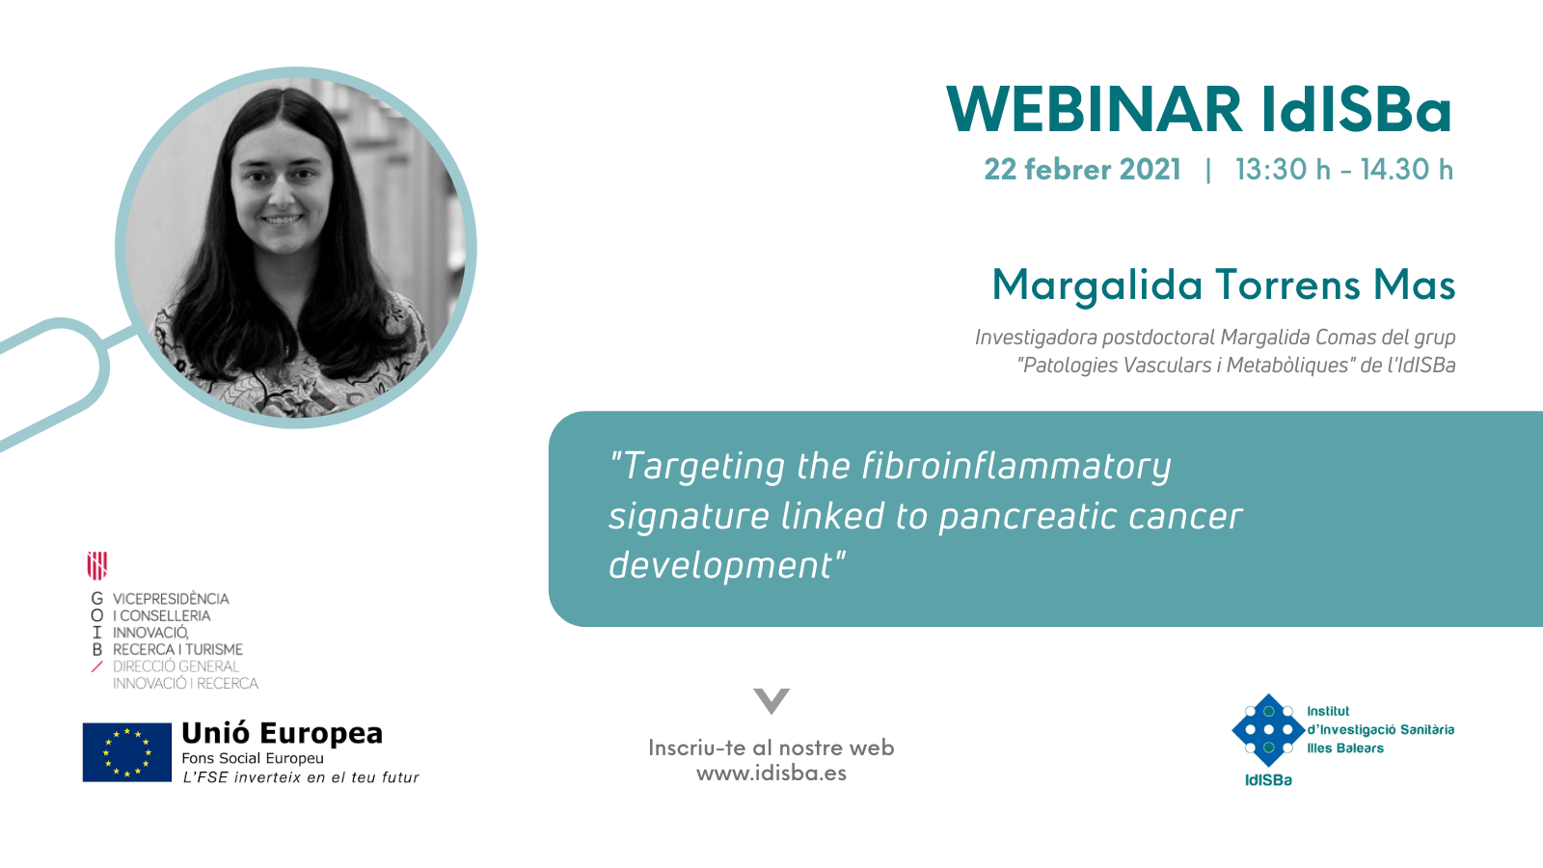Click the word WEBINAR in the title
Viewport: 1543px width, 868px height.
(x=1095, y=110)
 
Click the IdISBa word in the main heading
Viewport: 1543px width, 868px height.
(x=1357, y=110)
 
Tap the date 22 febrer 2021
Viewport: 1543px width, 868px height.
(x=1082, y=170)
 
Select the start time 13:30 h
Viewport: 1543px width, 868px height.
(x=1283, y=170)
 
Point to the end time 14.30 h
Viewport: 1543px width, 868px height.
(x=1407, y=170)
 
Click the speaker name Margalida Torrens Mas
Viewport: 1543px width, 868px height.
(x=1224, y=285)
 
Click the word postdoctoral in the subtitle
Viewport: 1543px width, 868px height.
(x=1159, y=338)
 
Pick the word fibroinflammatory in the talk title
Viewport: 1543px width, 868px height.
(x=1016, y=467)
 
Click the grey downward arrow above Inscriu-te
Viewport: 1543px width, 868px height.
(x=771, y=700)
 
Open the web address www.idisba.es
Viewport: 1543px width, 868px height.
(x=771, y=773)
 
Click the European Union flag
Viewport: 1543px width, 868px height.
(x=126, y=752)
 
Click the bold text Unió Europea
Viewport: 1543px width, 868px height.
(x=282, y=733)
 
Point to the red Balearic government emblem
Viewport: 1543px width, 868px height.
(x=97, y=565)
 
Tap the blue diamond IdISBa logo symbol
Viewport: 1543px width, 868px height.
(x=1269, y=730)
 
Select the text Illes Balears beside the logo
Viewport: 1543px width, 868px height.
(x=1345, y=748)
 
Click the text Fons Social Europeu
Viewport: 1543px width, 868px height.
(x=253, y=758)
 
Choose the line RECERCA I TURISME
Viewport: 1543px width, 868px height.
(x=177, y=650)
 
